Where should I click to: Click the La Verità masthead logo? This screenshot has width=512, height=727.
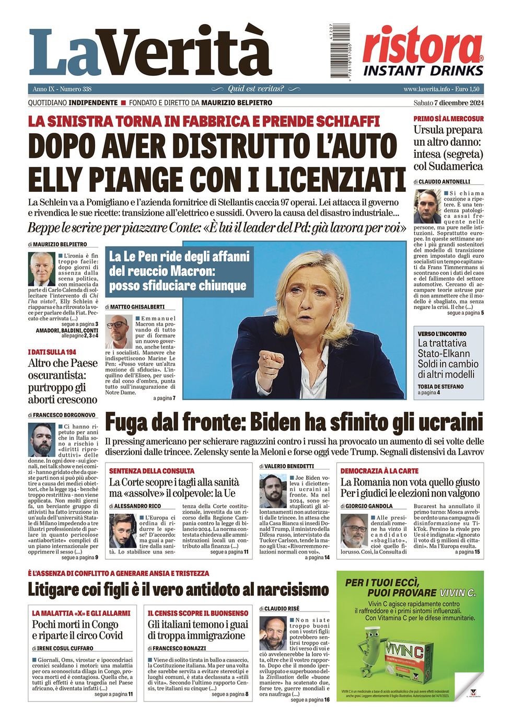click(150, 52)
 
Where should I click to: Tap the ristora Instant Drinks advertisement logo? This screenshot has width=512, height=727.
click(423, 52)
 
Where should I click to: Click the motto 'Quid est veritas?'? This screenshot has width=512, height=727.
click(255, 89)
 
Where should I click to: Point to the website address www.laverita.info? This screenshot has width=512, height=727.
click(426, 89)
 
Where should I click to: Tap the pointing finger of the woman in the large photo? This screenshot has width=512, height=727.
click(271, 361)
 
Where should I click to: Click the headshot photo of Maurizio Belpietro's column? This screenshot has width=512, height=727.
click(41, 269)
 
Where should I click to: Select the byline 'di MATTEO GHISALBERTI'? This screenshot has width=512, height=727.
click(135, 307)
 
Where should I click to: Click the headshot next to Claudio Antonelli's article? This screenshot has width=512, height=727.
click(427, 207)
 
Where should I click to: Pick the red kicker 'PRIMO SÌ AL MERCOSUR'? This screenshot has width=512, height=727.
click(448, 119)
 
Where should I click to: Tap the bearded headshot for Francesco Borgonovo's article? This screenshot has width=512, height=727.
click(42, 440)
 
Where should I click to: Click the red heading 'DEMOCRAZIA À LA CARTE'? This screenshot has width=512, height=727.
click(379, 471)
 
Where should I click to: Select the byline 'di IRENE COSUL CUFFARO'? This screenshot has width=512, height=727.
click(65, 648)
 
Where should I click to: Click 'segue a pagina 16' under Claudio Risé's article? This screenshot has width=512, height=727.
click(310, 700)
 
